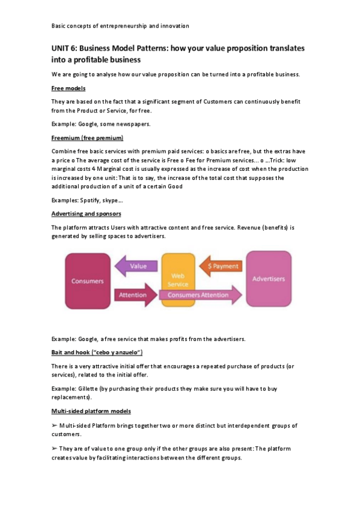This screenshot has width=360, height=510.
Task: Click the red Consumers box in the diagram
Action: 88,281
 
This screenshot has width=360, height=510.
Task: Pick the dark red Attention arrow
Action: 133,295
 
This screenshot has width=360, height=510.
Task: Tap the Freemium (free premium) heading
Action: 87,138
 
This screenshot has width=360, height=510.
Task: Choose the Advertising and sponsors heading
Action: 86,214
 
